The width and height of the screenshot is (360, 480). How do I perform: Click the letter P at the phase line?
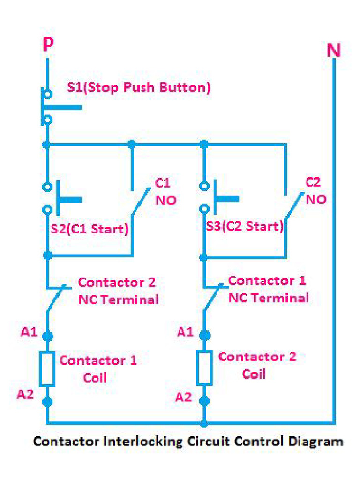[x=48, y=45]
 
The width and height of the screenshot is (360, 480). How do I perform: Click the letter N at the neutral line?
[x=333, y=50]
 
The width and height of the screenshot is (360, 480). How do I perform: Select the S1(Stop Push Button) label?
[x=138, y=88]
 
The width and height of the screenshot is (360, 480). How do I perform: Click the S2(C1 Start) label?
[x=89, y=229]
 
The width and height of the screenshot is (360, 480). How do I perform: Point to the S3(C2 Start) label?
[x=245, y=226]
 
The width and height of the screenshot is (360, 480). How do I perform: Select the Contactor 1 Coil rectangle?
[x=47, y=369]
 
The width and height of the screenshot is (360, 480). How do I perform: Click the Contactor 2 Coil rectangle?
[x=204, y=367]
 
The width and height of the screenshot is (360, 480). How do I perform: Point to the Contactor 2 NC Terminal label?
[x=118, y=291]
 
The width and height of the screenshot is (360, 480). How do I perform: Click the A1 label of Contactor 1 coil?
[x=29, y=332]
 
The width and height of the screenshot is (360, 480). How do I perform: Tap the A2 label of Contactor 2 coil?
[x=184, y=397]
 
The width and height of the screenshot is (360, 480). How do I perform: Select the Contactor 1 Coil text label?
[x=98, y=368]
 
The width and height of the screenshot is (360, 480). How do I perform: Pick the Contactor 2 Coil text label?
[x=257, y=365]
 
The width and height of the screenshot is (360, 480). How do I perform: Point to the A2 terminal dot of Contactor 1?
[x=47, y=401]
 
